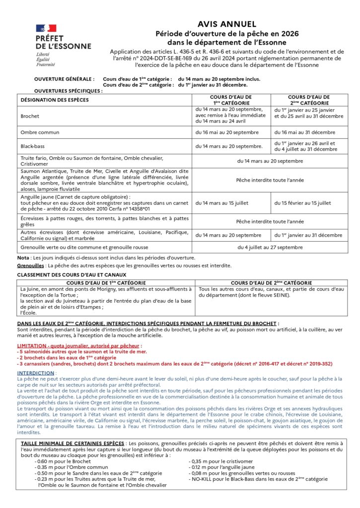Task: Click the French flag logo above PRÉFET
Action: click(46, 29)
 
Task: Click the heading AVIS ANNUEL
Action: click(226, 24)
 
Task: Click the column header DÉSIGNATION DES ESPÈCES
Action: click(55, 100)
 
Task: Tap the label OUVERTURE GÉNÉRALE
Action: click(64, 79)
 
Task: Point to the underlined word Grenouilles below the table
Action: click(30, 265)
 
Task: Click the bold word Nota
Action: click(23, 257)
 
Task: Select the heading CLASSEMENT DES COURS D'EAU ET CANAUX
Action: click(72, 274)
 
